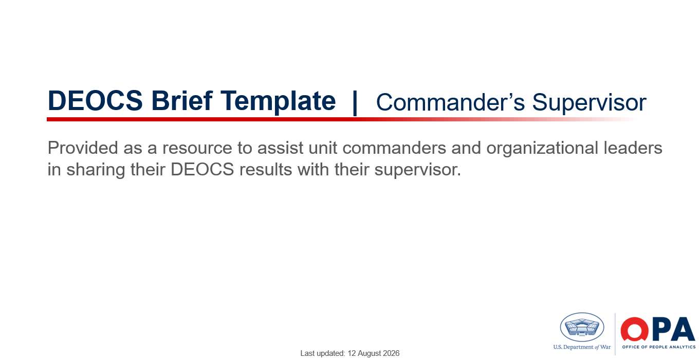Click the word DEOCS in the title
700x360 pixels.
[x=95, y=101]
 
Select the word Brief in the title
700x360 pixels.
[x=182, y=100]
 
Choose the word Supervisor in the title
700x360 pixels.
[x=590, y=103]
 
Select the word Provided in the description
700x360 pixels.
[x=83, y=148]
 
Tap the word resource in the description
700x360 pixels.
[x=197, y=149]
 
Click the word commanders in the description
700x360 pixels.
[x=394, y=148]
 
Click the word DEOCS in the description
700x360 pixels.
[x=202, y=170]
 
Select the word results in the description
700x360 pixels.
[x=266, y=170]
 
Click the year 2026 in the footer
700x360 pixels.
[x=391, y=353]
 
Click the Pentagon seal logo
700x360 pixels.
[x=582, y=327]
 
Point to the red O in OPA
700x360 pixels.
[x=634, y=329]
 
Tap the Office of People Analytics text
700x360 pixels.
[x=659, y=347]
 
